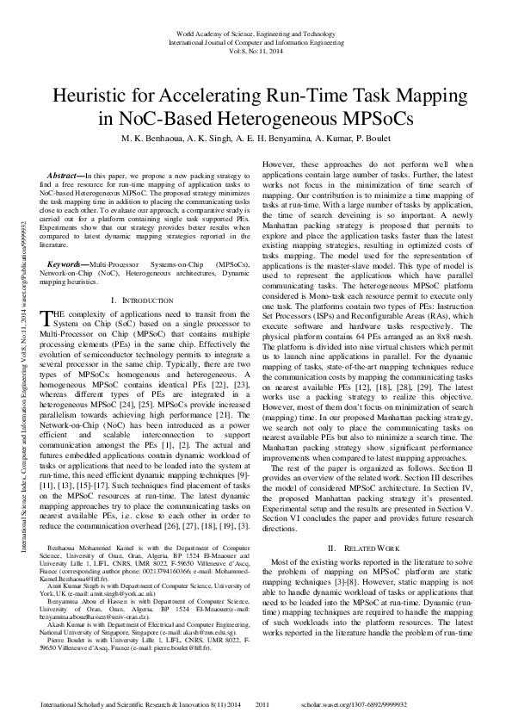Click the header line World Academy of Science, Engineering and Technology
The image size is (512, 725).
pos(256,32)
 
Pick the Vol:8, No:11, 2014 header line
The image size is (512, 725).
pos(256,51)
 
